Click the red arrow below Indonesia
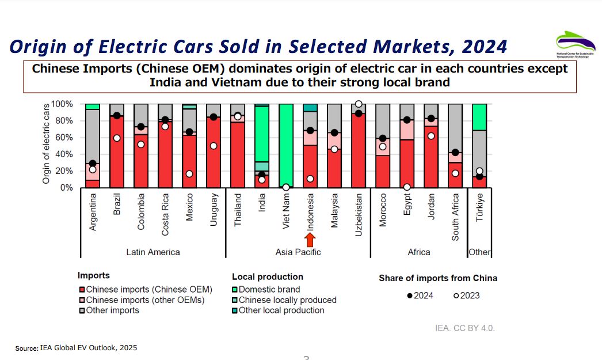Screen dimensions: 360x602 click(310, 240)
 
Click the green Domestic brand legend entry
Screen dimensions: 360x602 click(265, 290)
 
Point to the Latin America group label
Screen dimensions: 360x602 click(153, 252)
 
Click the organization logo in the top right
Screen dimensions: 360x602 click(575, 45)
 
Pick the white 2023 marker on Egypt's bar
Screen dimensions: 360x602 click(407, 187)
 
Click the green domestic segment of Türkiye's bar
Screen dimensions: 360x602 click(479, 117)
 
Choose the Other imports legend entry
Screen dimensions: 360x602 click(108, 310)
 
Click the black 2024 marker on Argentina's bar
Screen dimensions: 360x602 click(92, 164)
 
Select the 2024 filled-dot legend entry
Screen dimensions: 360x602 click(420, 295)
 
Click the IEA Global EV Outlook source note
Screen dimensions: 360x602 click(76, 348)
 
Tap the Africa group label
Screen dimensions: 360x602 click(418, 252)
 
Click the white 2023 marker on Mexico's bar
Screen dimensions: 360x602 click(189, 174)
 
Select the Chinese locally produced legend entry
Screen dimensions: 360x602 click(284, 300)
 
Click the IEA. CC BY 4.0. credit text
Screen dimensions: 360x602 click(464, 328)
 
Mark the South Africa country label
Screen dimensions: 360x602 click(455, 217)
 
